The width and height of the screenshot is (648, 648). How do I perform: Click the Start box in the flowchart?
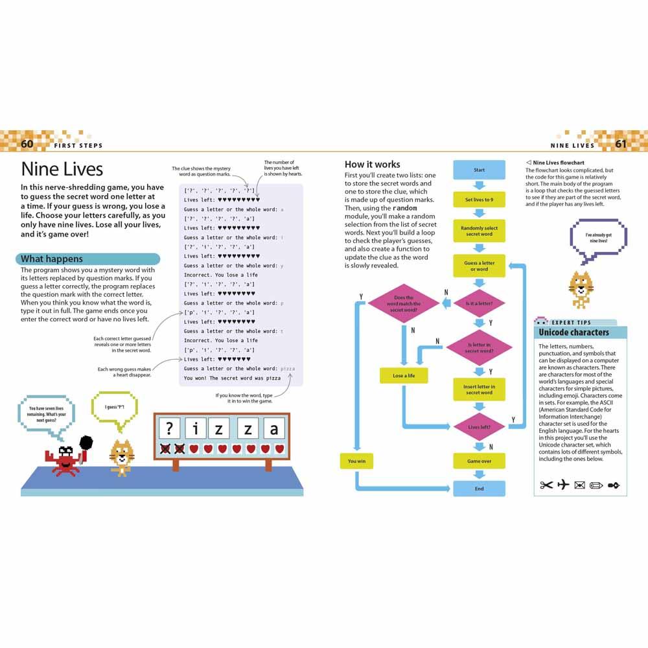tap(479, 170)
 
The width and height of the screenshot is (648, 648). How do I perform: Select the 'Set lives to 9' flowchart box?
tap(479, 200)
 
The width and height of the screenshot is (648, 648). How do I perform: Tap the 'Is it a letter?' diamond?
tap(479, 303)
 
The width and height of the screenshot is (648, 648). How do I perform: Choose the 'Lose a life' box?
tap(403, 376)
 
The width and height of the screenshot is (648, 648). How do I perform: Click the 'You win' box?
tap(356, 461)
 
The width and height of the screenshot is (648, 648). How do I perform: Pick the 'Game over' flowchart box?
tap(479, 461)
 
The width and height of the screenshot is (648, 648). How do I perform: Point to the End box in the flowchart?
tap(479, 489)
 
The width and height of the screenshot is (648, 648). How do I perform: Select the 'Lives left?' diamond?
tap(479, 427)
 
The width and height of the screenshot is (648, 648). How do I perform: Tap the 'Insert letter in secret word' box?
tap(479, 389)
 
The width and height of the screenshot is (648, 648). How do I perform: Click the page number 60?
tap(27, 144)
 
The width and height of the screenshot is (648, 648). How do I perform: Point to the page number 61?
tap(621, 144)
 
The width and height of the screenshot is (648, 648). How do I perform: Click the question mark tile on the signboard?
tap(170, 428)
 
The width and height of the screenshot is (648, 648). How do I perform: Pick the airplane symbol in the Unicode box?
tap(562, 485)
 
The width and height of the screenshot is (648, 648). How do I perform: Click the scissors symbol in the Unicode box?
tap(546, 485)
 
